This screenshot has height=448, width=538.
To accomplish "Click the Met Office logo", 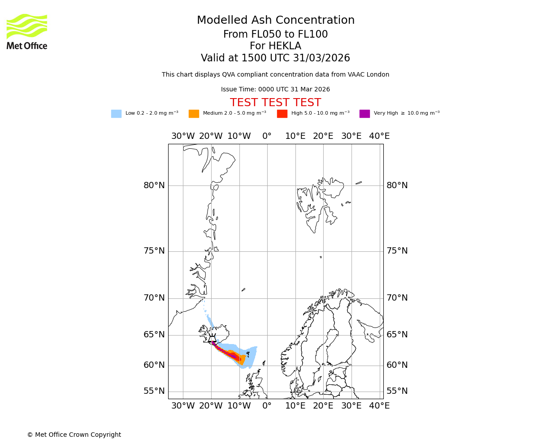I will [x=27, y=31].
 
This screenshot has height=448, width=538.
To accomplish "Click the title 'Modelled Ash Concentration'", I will [x=275, y=21].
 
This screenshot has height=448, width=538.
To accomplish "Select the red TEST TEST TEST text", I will [x=275, y=103].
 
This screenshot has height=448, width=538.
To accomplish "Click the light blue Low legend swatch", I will [x=116, y=114].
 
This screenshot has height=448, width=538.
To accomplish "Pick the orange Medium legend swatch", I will [x=194, y=114].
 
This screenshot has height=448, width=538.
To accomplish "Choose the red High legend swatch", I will [x=282, y=114].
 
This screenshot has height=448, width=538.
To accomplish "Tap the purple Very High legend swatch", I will [x=364, y=114].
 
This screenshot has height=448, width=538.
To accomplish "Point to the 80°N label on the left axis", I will [x=154, y=185].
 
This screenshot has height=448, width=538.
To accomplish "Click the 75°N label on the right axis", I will [x=397, y=251].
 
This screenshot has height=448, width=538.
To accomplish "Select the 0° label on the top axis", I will [x=267, y=136].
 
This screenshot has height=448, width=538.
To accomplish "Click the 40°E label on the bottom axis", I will [x=379, y=406].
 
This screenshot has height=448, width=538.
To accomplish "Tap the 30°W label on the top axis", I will [x=183, y=136].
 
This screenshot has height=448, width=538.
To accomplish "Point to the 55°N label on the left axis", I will [x=154, y=391].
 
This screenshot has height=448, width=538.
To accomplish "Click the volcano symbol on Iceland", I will [x=213, y=339].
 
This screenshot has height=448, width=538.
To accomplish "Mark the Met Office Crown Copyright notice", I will [x=74, y=435].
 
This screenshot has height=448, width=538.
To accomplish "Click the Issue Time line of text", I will [x=275, y=90].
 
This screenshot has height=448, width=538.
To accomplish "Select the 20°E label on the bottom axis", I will [x=323, y=406].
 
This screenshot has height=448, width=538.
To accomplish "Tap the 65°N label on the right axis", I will [x=397, y=335].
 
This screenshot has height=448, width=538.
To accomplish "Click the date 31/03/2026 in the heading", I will [x=321, y=58].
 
